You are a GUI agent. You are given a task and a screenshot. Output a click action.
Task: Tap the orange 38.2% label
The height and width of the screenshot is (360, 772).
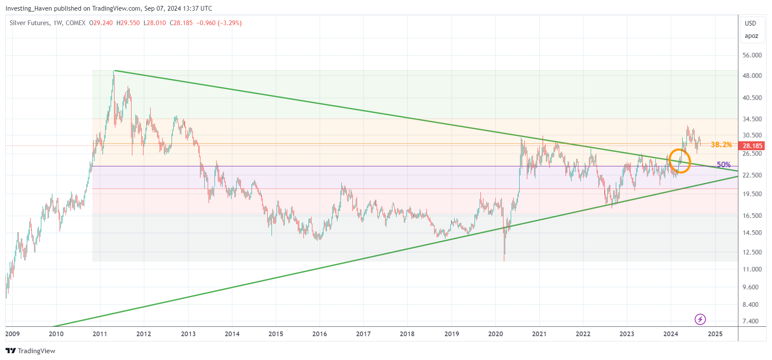point(721,145)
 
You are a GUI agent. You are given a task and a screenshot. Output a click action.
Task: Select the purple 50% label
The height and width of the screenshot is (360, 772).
point(723,165)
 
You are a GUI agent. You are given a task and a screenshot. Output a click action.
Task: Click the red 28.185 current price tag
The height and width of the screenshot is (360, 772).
point(752,146)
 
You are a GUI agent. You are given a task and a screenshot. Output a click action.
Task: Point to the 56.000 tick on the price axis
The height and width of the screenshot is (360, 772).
point(752,55)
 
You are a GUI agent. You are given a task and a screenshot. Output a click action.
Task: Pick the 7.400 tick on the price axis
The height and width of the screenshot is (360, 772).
point(750,321)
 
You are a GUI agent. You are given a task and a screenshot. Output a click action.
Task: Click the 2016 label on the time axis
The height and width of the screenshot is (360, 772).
point(320,334)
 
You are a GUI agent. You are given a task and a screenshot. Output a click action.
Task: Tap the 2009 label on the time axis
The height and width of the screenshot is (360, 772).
point(12,334)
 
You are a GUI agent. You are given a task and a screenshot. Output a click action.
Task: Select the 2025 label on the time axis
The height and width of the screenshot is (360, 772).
point(715,334)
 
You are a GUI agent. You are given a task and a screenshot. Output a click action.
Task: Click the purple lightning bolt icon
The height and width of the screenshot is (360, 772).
point(700,319)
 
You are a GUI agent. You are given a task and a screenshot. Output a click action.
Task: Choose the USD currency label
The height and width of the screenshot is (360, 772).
point(750,23)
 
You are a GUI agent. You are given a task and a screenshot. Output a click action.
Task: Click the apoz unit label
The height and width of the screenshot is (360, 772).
point(751,36)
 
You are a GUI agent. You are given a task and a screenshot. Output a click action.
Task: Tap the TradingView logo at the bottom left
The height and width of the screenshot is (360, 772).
point(30,351)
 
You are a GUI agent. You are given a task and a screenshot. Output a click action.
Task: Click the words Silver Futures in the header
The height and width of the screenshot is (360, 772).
point(29,23)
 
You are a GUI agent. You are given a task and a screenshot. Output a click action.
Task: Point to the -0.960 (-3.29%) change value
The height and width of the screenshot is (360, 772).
point(219,23)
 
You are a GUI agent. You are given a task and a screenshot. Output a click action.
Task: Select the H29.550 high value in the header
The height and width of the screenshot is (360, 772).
point(128,23)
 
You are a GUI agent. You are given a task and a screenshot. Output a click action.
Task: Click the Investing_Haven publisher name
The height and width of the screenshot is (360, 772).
point(29,9)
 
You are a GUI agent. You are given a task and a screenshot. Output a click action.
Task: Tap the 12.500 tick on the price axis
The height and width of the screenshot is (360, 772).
point(752,252)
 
